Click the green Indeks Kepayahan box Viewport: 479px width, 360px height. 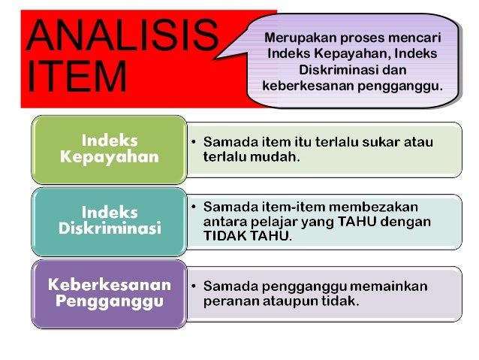click(x=109, y=149)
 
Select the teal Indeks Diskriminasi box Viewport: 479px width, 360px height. click(x=109, y=221)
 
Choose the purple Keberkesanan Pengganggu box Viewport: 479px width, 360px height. click(x=109, y=293)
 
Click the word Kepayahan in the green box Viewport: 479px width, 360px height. click(x=110, y=157)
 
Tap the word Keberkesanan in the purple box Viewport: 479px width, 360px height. click(x=110, y=285)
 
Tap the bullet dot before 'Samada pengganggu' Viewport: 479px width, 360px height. click(x=194, y=286)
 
